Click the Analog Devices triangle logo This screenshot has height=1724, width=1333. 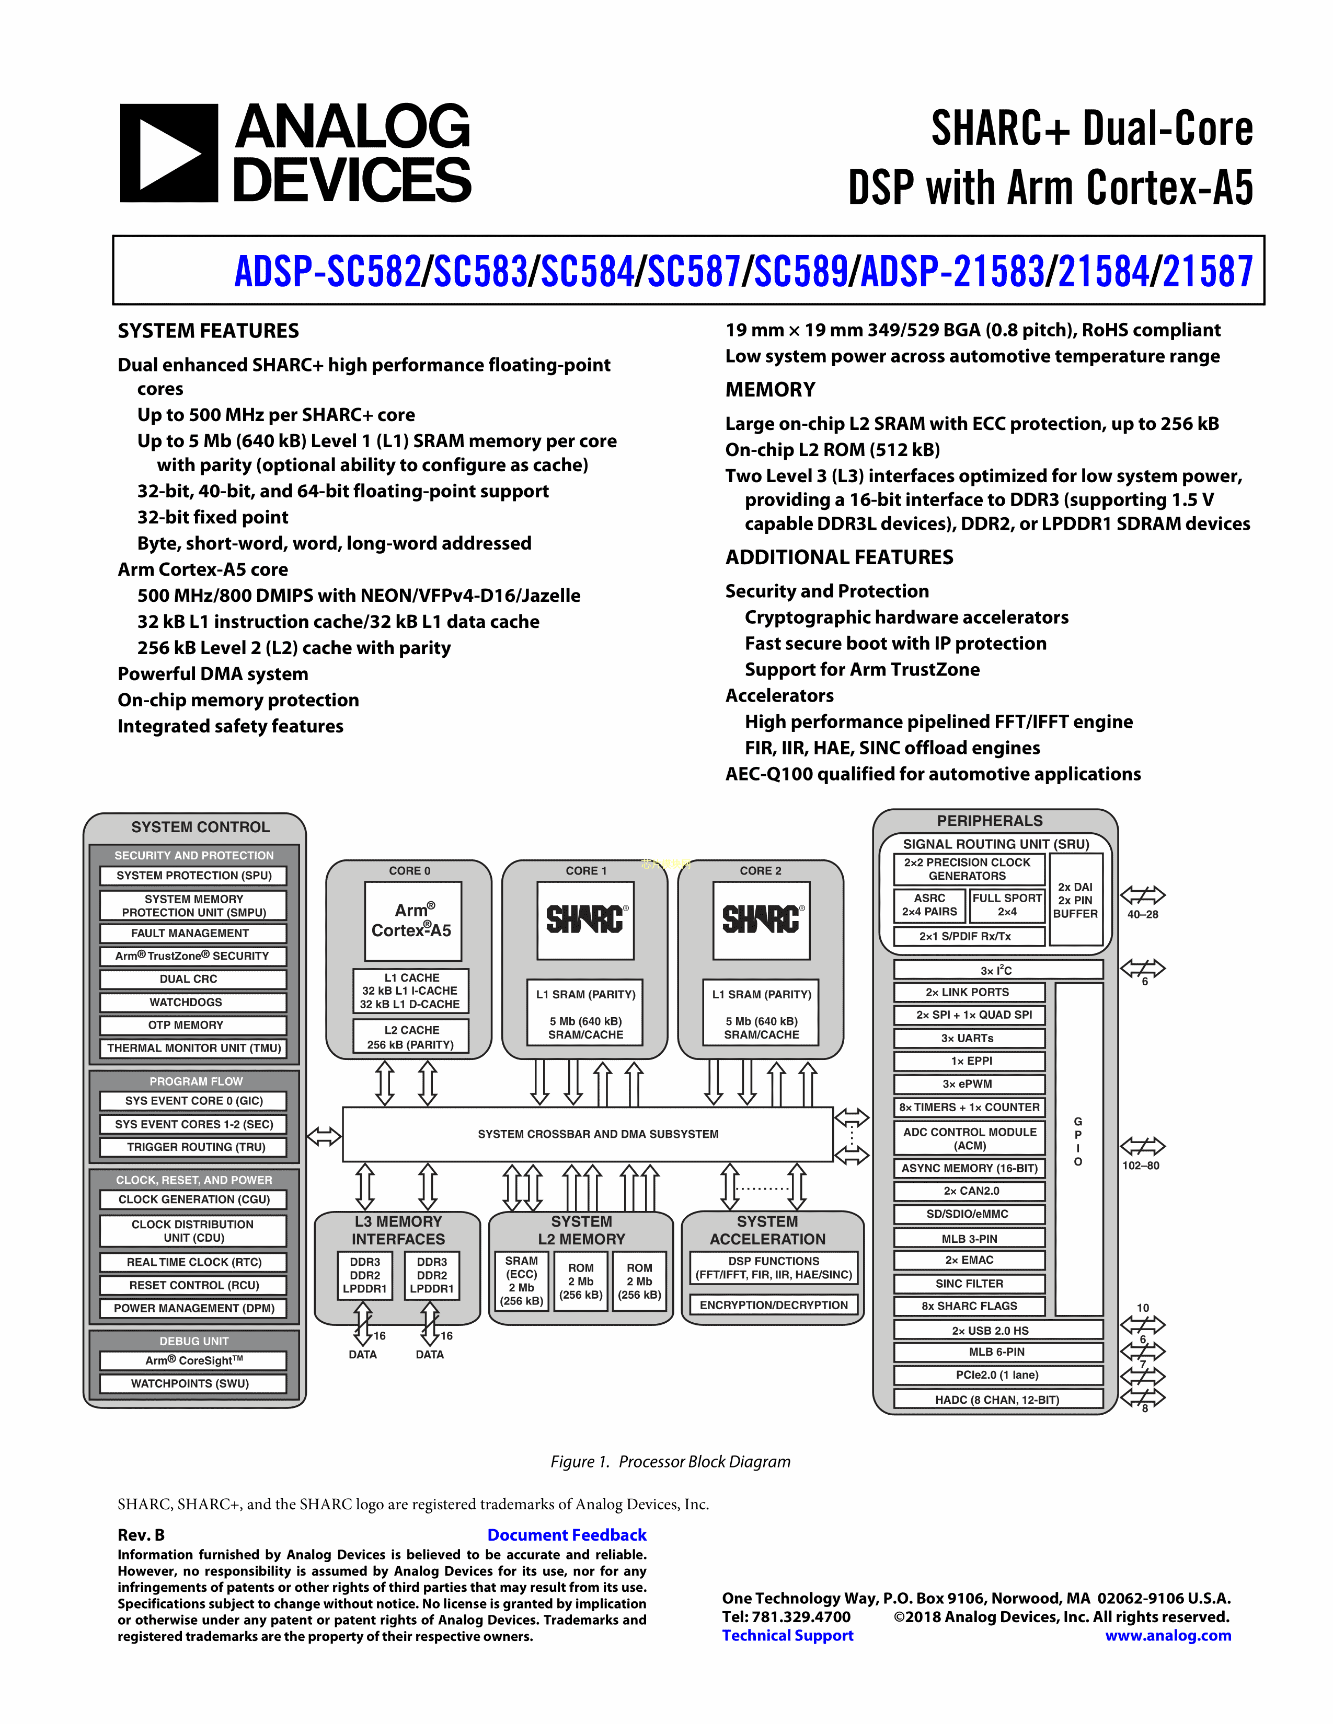(169, 153)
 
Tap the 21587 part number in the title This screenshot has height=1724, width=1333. (1208, 272)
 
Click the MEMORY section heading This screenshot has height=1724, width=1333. (770, 390)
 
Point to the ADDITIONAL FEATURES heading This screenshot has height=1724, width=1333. (838, 557)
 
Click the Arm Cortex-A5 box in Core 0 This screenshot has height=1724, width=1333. (412, 921)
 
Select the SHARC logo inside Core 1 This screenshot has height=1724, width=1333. (585, 919)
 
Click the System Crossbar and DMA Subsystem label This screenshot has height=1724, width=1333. (598, 1134)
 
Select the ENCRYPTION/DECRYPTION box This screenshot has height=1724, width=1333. (773, 1305)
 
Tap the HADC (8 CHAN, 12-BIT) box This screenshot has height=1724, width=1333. (997, 1400)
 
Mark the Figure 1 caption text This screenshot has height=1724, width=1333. (671, 1461)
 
